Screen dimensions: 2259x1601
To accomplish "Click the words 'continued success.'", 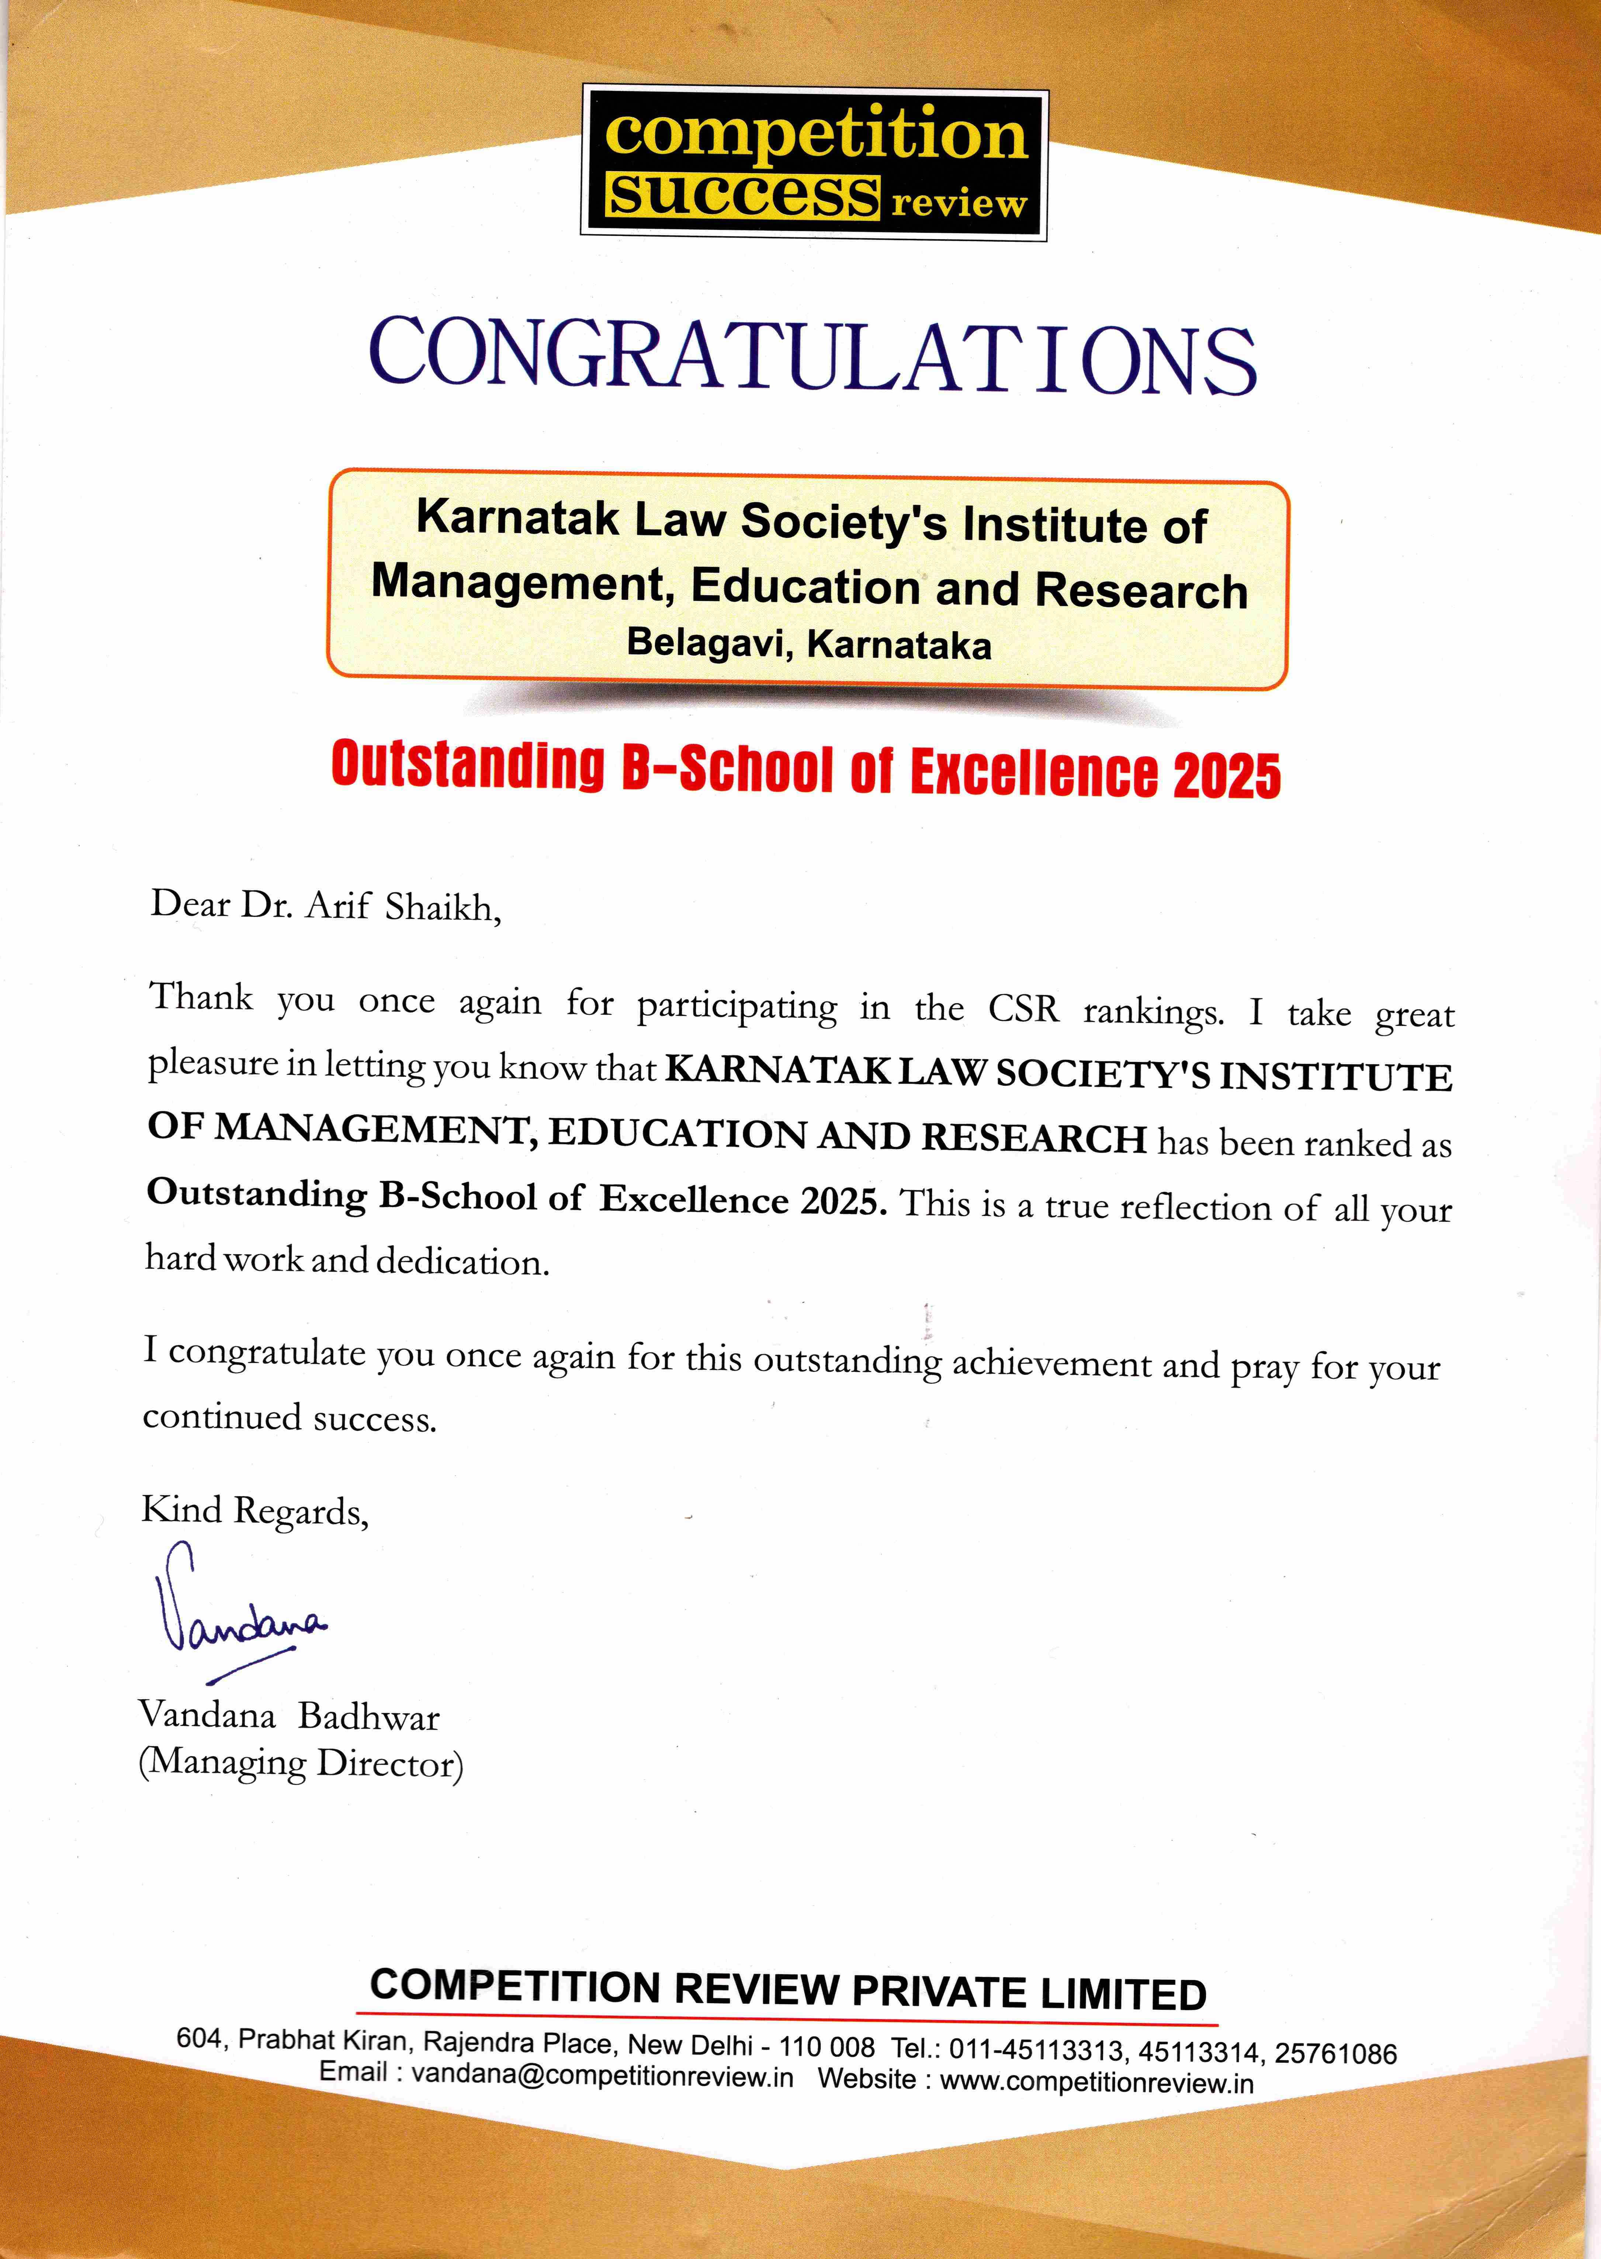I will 289,1418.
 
